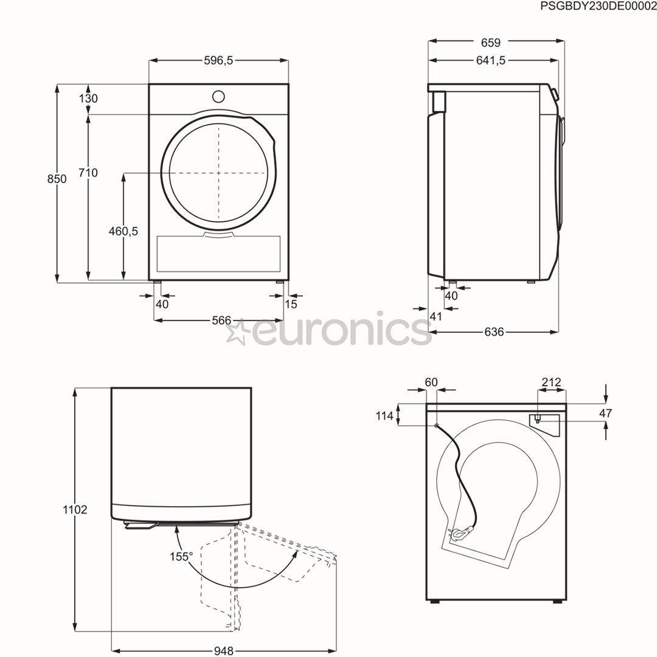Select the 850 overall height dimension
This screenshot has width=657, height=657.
(57, 179)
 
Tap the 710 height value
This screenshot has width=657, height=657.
(88, 173)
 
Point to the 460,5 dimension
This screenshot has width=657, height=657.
(123, 231)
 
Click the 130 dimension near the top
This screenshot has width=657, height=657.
(88, 99)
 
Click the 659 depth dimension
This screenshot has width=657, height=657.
(490, 43)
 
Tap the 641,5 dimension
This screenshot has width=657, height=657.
(490, 60)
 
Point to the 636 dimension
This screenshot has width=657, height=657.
(494, 332)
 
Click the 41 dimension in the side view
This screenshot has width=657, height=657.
(435, 316)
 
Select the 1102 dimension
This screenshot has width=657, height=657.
(75, 510)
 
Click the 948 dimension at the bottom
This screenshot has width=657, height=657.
(223, 651)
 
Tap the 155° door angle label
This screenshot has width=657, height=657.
(181, 556)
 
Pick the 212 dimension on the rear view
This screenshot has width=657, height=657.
(551, 382)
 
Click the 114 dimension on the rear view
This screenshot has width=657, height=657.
(384, 416)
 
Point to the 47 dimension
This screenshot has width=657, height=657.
(605, 413)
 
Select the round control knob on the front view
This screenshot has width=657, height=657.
(218, 97)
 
